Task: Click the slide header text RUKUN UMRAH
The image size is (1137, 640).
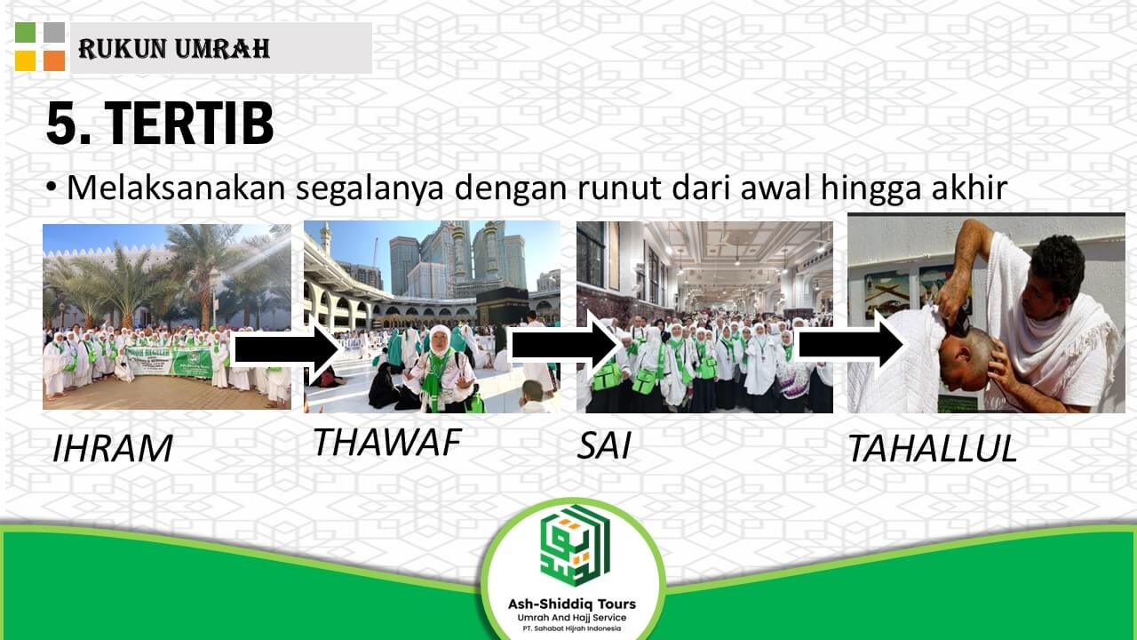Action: coord(174,48)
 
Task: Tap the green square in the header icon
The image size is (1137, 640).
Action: coord(25,33)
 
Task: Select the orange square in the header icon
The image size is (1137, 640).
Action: coord(54,60)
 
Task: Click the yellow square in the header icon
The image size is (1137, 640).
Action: coord(25,60)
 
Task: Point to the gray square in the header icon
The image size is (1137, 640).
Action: coord(54,33)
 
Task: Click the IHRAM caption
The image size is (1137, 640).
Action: coord(112,449)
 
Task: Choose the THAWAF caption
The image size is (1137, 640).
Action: coord(386,442)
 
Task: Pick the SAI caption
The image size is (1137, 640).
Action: coord(603,445)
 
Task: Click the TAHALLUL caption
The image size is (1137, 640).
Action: coord(931,449)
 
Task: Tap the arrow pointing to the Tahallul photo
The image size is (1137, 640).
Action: coord(849,342)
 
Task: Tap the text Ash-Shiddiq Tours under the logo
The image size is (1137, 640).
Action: coord(571,604)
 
